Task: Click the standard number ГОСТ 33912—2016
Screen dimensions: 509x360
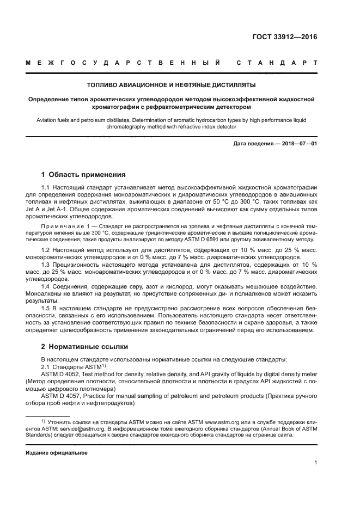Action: tap(285, 38)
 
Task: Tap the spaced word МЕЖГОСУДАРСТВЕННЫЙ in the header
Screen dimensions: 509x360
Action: tap(123, 63)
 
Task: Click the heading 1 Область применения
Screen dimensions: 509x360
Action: tap(83, 175)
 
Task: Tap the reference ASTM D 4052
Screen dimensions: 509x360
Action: tap(64, 375)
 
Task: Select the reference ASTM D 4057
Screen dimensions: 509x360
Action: tap(64, 396)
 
